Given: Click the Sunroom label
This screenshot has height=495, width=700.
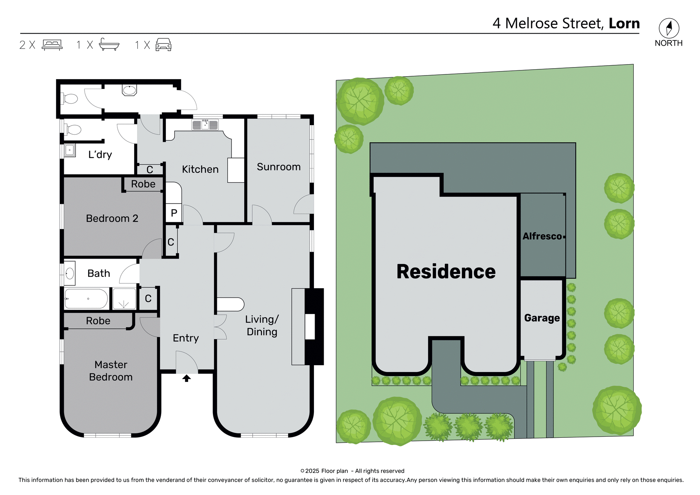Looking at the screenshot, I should pyautogui.click(x=279, y=167).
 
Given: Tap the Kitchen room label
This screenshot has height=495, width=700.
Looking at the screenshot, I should pyautogui.click(x=200, y=169).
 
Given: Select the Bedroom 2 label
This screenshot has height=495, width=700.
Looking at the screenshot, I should pyautogui.click(x=112, y=218).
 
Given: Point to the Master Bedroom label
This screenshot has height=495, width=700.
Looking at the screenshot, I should pyautogui.click(x=111, y=371).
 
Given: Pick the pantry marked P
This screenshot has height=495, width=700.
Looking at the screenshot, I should pyautogui.click(x=174, y=213).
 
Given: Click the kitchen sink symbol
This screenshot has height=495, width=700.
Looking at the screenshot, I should pyautogui.click(x=205, y=125).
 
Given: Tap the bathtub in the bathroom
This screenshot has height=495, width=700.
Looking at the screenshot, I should pyautogui.click(x=86, y=299).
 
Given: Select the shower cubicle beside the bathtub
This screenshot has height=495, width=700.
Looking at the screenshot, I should pyautogui.click(x=124, y=299).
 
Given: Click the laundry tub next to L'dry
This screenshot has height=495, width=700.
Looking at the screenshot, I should pyautogui.click(x=70, y=150).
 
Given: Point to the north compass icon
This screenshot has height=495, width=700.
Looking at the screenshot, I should pyautogui.click(x=669, y=28).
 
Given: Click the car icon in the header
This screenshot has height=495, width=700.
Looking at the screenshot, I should pyautogui.click(x=163, y=45).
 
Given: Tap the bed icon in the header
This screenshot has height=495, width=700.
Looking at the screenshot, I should pyautogui.click(x=52, y=45).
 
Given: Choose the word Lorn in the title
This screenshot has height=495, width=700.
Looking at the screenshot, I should pyautogui.click(x=624, y=23).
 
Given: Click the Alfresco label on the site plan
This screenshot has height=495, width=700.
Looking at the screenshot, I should pyautogui.click(x=542, y=236).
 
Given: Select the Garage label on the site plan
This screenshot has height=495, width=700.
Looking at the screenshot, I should pyautogui.click(x=542, y=318).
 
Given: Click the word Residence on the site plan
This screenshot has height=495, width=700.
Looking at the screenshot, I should pyautogui.click(x=446, y=271).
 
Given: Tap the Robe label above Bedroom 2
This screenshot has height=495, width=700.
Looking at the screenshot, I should pyautogui.click(x=143, y=184).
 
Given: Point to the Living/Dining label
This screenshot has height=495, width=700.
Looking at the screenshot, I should pyautogui.click(x=262, y=325).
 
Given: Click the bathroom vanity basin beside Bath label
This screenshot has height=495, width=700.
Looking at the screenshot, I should pyautogui.click(x=70, y=273).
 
